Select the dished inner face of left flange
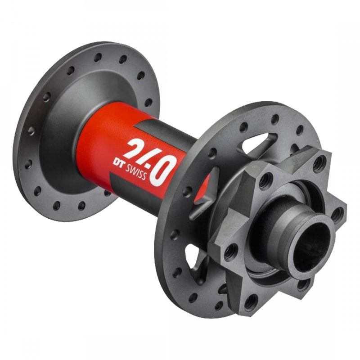point(63,112)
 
